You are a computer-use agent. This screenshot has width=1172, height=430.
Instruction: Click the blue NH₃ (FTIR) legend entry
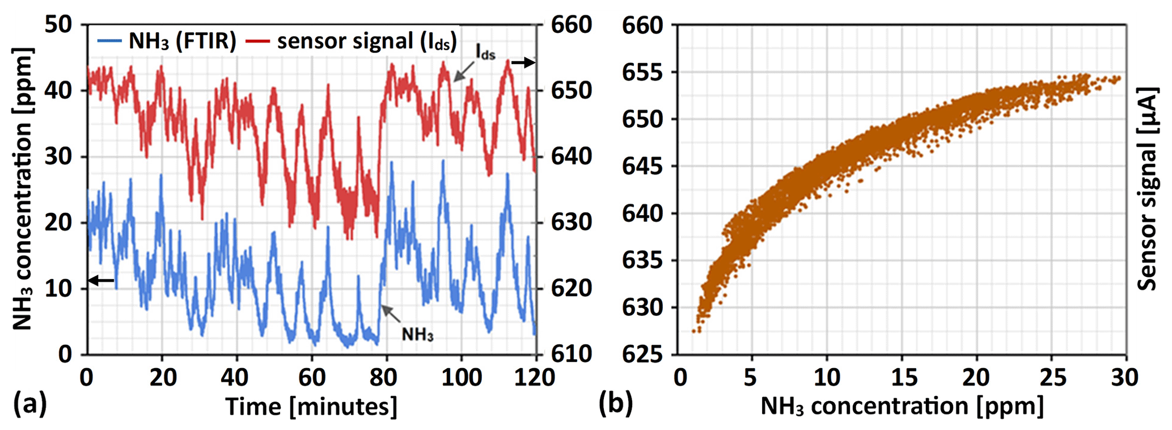(x=167, y=41)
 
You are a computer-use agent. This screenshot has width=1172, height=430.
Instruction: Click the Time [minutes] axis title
(x=311, y=407)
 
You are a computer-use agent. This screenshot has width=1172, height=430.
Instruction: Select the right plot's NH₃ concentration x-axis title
(x=902, y=406)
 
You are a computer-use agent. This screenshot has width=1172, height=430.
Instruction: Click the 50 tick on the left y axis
(x=59, y=25)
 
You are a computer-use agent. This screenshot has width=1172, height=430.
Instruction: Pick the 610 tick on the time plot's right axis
(x=572, y=354)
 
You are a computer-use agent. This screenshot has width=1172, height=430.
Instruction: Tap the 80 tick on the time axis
(x=387, y=377)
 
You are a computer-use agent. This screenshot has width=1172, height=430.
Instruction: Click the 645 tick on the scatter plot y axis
(x=643, y=166)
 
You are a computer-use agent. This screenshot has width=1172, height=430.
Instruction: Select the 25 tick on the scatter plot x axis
(x=1051, y=377)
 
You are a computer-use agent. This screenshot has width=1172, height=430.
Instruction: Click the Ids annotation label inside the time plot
(x=485, y=54)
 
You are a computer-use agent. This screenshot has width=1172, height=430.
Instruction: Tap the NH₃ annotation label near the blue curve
(x=417, y=334)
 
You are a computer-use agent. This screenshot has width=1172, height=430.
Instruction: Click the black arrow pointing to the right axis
(x=523, y=63)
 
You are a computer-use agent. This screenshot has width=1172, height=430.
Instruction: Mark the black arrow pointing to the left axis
(x=101, y=280)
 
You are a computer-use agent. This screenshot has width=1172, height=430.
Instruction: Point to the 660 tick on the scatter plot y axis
(x=643, y=25)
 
